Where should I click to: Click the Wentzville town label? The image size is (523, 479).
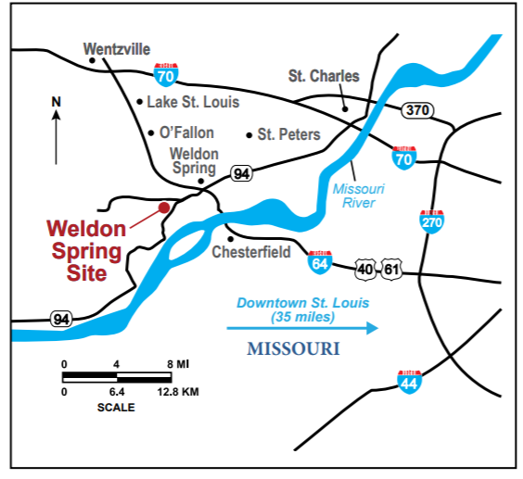pos(116,48)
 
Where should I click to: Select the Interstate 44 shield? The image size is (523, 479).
pos(408,379)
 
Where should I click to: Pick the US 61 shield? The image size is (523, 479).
pos(392,270)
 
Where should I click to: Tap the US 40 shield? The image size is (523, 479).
pos(366,270)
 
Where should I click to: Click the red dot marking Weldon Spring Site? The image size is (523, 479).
pos(164,208)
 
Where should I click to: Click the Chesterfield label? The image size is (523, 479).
pos(251,252)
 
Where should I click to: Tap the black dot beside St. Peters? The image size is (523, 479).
pos(249,135)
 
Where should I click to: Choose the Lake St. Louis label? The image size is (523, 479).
pos(194,102)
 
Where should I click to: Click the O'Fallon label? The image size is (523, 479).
pos(186,132)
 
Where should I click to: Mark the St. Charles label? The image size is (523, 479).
pos(324,76)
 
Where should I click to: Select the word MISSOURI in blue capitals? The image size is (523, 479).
pos(293,349)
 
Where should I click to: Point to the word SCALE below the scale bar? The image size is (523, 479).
pos(116,407)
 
